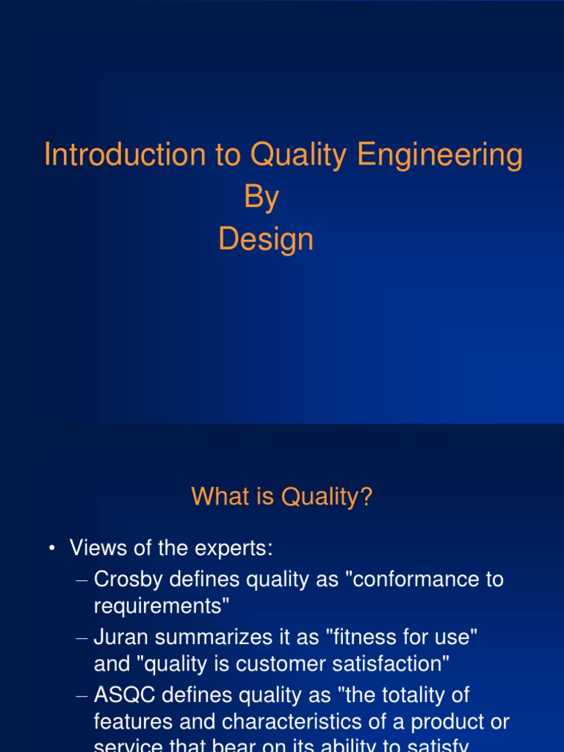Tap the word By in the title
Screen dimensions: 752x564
click(x=261, y=198)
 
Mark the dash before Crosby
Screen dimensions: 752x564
click(x=82, y=579)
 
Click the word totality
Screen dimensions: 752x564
click(x=412, y=695)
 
